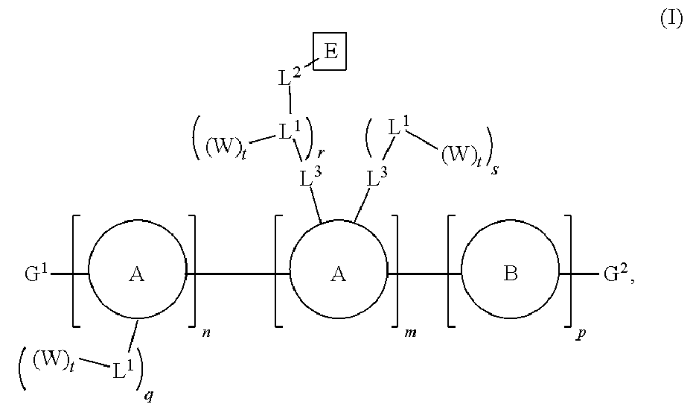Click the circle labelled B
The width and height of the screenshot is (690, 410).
point(511,274)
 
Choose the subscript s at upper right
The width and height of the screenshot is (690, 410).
point(493,169)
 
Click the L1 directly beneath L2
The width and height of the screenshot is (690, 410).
point(291,133)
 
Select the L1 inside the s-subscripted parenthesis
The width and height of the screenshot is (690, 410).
point(397,128)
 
